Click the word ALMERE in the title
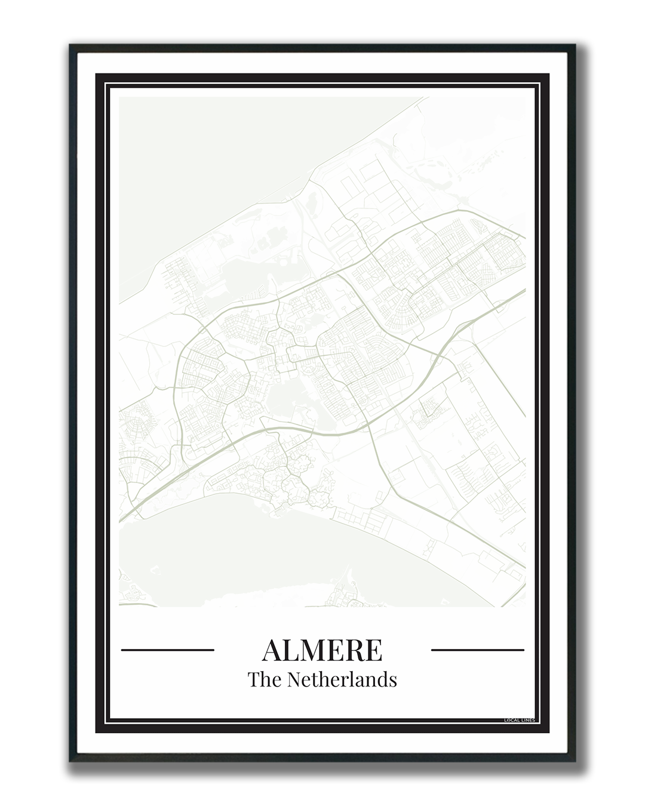point(322,650)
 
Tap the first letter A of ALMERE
point(272,650)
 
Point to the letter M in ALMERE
point(315,650)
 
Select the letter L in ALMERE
point(292,650)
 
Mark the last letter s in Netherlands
point(393,681)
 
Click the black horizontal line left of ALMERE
point(167,650)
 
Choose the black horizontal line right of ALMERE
point(477,650)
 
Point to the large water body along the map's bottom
point(239,555)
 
